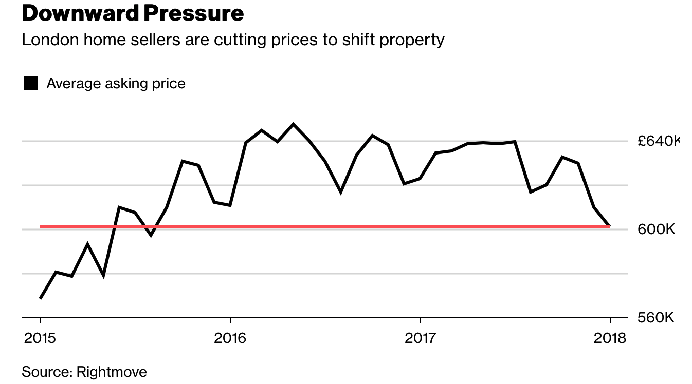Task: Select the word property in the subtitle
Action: pos(412,40)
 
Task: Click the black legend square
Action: pos(31,83)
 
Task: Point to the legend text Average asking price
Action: pos(116,83)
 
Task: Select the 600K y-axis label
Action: pos(655,229)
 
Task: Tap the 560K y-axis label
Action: pos(655,318)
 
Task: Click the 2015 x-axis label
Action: pos(40,338)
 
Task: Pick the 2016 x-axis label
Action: pos(230,338)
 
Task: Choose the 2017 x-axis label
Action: pos(421,338)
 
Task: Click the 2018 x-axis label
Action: pos(610,338)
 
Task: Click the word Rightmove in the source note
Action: pos(112,372)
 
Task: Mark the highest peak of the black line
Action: pos(293,124)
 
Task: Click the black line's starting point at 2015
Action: pos(40,298)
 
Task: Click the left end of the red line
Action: pos(41,226)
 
